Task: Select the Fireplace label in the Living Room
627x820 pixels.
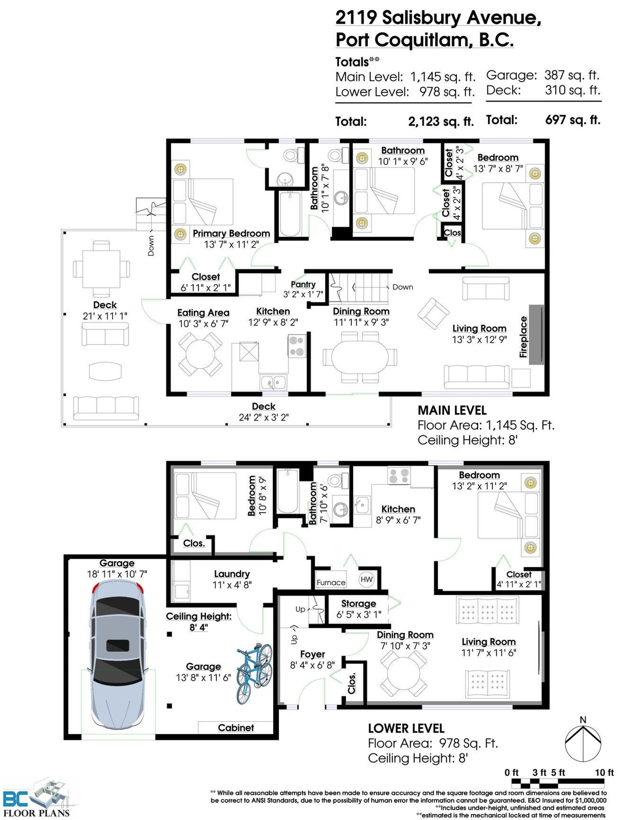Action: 523,337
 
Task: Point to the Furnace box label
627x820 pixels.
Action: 331,582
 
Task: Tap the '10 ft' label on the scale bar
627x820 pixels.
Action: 604,773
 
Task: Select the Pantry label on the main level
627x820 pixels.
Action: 303,284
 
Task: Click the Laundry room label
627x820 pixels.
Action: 232,574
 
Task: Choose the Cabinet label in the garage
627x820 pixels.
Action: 236,728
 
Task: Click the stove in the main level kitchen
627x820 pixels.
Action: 297,346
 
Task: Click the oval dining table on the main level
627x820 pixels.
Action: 360,357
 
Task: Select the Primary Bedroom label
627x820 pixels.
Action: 232,233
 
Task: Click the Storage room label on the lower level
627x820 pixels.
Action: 359,603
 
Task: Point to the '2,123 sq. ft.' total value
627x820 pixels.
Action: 441,122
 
